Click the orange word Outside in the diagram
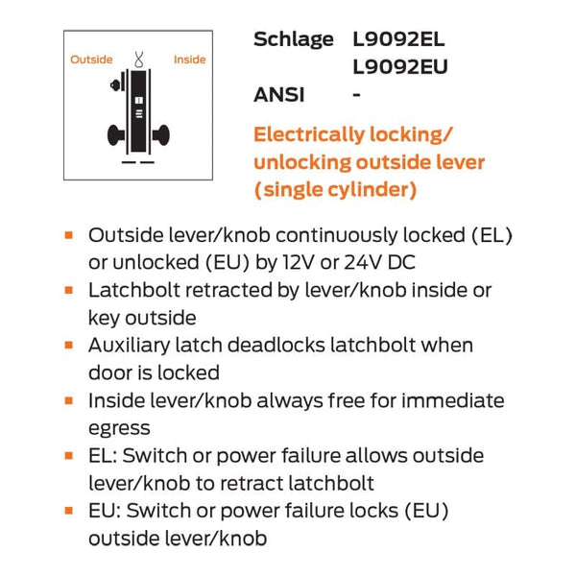click(91, 60)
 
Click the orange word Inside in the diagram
click(189, 60)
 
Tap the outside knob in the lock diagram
click(117, 132)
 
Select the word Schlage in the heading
click(293, 40)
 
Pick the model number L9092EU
click(400, 67)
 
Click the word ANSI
click(279, 94)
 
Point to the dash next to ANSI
click(358, 94)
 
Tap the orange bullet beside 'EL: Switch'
click(69, 456)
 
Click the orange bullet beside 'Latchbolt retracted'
click(69, 290)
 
